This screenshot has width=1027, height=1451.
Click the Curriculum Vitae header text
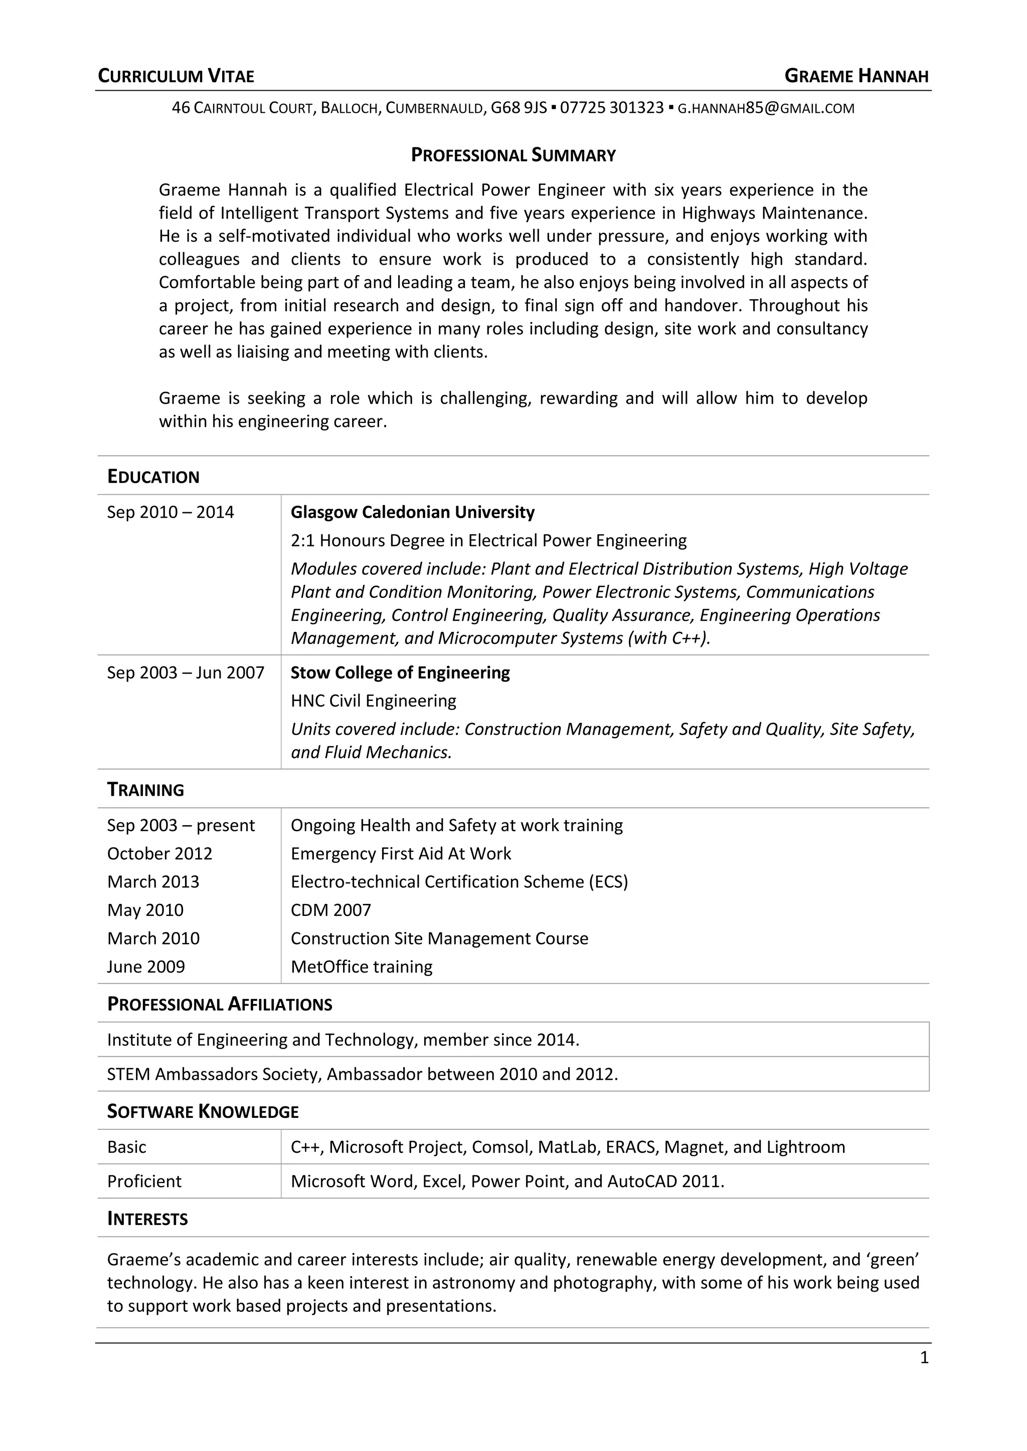click(176, 77)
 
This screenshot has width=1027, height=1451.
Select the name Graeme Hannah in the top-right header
click(857, 77)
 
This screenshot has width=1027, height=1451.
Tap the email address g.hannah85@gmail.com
click(765, 108)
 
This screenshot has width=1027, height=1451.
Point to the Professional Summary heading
click(513, 155)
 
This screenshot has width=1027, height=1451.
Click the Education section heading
click(153, 477)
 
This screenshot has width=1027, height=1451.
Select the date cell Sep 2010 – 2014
click(170, 513)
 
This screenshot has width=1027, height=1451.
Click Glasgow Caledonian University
click(412, 513)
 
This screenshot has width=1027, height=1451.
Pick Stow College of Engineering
click(400, 673)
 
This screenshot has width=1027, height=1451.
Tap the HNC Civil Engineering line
click(373, 701)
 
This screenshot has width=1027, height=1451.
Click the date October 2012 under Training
click(159, 854)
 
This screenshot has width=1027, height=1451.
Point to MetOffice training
click(361, 967)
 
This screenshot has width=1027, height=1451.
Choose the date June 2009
click(145, 967)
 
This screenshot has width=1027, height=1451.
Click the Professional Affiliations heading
click(220, 1005)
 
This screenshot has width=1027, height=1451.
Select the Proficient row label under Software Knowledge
click(144, 1182)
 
